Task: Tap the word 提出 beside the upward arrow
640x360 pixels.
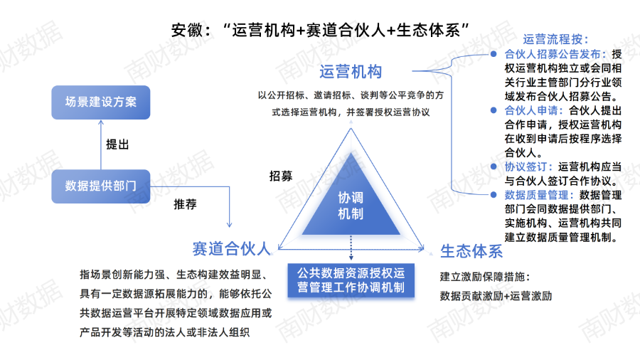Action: coord(117,144)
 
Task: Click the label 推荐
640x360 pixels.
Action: coord(185,204)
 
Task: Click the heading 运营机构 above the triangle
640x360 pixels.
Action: coord(351,72)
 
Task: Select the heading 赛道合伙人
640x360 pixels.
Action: coord(231,248)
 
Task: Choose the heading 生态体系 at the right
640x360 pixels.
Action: coord(471,251)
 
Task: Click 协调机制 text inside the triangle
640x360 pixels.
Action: coord(351,205)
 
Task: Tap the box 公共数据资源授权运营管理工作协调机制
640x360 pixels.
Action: coord(351,280)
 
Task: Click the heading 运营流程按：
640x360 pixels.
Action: coord(556,40)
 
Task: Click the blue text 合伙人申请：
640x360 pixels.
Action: coord(533,110)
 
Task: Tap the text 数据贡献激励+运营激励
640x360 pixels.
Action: coord(496,296)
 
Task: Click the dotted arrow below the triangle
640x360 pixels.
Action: coord(351,249)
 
